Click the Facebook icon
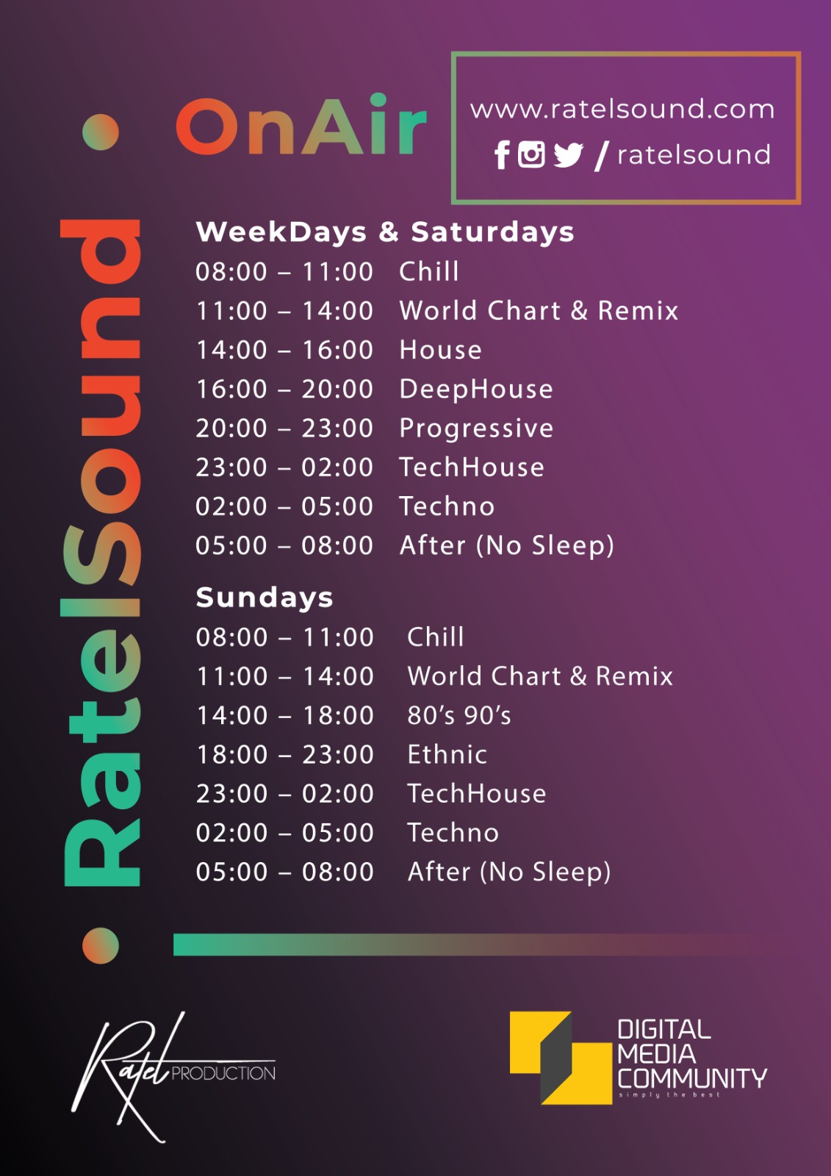(502, 155)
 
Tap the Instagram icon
(531, 155)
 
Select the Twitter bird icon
(569, 155)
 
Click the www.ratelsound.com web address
(622, 110)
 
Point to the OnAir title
(301, 125)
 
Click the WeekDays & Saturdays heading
(385, 232)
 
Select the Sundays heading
(264, 598)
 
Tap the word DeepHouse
(476, 390)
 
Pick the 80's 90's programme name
(458, 715)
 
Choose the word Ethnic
(447, 754)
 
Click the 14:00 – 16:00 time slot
(284, 350)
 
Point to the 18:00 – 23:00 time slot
(284, 754)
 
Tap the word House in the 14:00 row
(440, 350)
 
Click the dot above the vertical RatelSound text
(100, 132)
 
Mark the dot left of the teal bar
(100, 945)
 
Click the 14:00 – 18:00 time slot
(284, 716)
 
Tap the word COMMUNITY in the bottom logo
(692, 1079)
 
